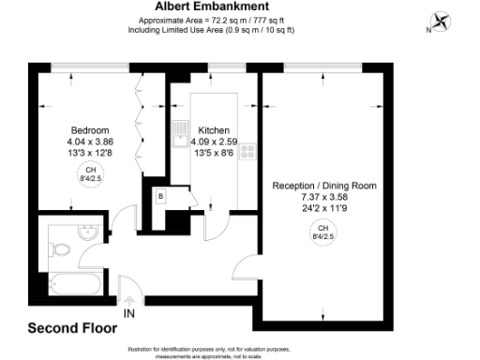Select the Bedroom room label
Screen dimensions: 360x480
pos(90,130)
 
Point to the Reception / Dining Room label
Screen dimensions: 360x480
pos(324,186)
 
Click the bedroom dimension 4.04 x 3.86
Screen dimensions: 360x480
pos(90,142)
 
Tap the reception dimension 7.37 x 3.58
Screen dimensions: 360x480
pos(324,197)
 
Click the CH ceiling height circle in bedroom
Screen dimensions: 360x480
pos(90,172)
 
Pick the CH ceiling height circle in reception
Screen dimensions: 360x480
pos(323,232)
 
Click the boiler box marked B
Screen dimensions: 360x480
pos(161,196)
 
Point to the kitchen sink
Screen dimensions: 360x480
pos(179,138)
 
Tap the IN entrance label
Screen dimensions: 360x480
pos(128,311)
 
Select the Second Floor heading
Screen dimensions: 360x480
pos(72,328)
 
